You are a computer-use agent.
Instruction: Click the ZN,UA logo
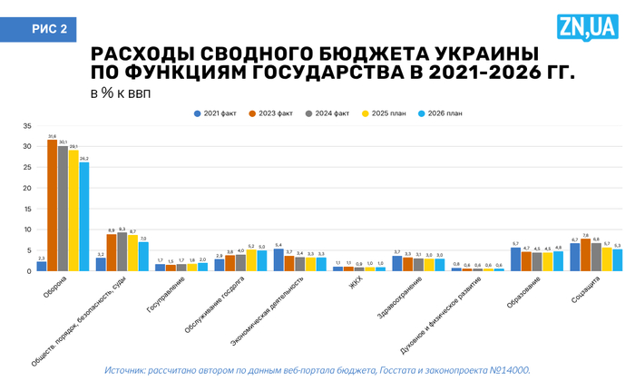588,28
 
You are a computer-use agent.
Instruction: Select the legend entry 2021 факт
218,113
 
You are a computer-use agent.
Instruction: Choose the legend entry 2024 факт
327,113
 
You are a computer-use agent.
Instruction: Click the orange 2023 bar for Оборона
52,206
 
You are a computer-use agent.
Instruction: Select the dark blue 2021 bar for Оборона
41,266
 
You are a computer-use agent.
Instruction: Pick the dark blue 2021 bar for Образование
515,259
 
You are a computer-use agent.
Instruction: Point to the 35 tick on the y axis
27,125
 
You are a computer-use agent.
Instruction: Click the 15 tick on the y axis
27,209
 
